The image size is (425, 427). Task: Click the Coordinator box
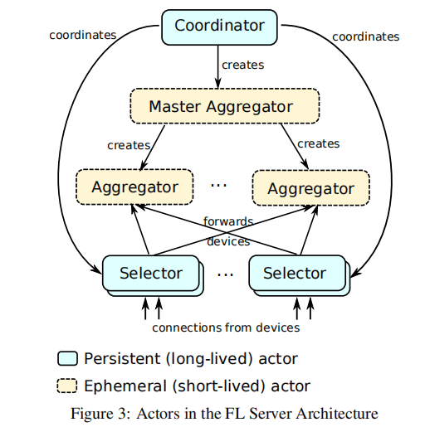[x=219, y=27]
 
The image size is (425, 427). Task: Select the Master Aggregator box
[x=225, y=106]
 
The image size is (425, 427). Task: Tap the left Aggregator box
[x=134, y=187]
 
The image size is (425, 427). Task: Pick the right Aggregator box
[x=311, y=188]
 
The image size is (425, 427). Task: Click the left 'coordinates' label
[x=83, y=35]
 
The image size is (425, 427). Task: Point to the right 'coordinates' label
[x=365, y=36]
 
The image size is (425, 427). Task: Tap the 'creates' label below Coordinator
[x=243, y=65]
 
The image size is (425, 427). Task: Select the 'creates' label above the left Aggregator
[x=129, y=145]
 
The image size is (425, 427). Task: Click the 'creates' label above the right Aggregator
[x=319, y=143]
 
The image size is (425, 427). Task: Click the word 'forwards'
[x=228, y=221]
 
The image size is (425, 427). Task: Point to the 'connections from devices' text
[x=226, y=328]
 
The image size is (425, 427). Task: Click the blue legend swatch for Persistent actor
[x=67, y=358]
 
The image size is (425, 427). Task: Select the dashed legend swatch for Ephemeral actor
[x=67, y=386]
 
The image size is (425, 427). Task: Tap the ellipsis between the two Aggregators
[x=218, y=185]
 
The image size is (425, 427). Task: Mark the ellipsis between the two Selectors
[x=225, y=274]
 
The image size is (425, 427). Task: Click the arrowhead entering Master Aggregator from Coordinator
[x=218, y=83]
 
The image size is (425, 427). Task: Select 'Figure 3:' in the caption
[x=100, y=414]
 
